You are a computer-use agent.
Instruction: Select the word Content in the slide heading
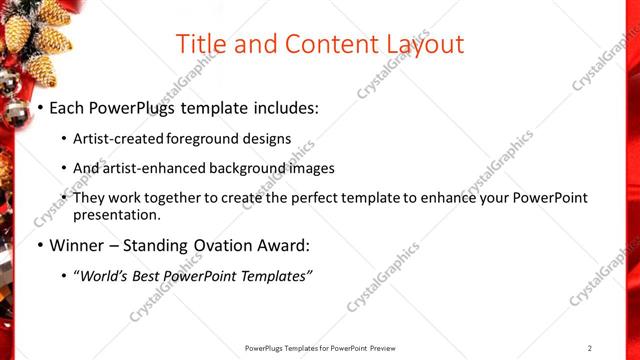pos(318,44)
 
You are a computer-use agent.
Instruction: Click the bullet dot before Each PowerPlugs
pos(40,107)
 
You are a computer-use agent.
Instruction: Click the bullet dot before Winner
pos(40,246)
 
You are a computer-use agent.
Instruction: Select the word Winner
pos(77,246)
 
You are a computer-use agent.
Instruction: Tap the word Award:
pos(283,246)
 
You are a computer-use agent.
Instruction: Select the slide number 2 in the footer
pos(590,348)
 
